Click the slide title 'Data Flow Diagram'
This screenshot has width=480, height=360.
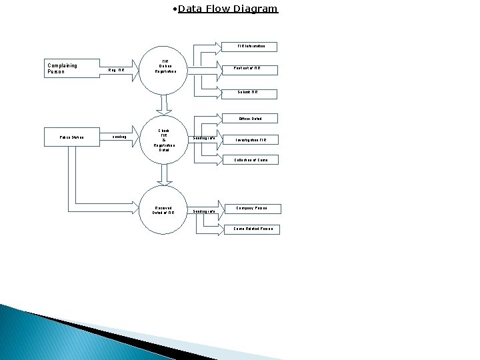[x=228, y=9]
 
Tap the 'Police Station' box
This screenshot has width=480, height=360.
[x=71, y=137]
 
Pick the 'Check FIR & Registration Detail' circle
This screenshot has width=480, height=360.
[x=164, y=140]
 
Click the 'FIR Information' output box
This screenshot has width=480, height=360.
[x=251, y=47]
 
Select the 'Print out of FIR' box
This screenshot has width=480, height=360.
[x=247, y=69]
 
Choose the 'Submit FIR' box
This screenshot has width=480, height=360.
[x=247, y=92]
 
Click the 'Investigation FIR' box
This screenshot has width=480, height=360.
[x=251, y=140]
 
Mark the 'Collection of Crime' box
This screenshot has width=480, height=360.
[x=251, y=160]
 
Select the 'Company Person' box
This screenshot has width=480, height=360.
[x=251, y=208]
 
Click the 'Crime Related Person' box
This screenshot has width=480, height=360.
[x=252, y=229]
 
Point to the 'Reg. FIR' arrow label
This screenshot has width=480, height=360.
[x=116, y=69]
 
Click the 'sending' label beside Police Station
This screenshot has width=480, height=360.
[x=119, y=137]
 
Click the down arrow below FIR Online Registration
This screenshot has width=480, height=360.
[x=162, y=105]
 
